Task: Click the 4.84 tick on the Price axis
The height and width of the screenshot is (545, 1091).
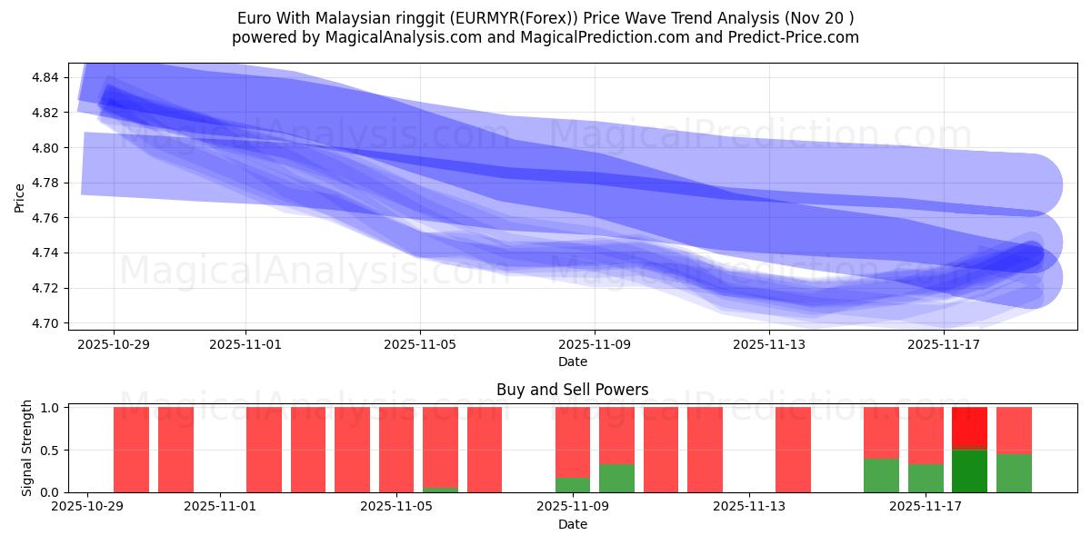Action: click(x=45, y=78)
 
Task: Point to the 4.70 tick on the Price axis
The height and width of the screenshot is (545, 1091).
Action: click(x=45, y=323)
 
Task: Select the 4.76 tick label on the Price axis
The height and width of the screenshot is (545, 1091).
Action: click(x=45, y=218)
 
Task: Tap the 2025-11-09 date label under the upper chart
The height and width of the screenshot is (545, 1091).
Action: click(x=595, y=345)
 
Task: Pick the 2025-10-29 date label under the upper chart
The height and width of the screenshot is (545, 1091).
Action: click(x=114, y=345)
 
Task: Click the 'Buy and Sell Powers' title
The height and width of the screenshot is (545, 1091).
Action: click(x=572, y=390)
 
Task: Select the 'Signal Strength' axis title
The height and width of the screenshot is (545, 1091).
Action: click(x=27, y=448)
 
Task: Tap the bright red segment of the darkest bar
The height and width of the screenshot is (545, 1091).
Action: click(x=969, y=428)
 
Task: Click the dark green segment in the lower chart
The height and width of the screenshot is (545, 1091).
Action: click(x=969, y=471)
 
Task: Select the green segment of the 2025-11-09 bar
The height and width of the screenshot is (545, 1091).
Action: click(x=573, y=485)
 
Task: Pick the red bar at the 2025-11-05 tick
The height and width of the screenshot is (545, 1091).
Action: click(x=396, y=450)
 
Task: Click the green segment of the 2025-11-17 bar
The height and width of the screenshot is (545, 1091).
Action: click(x=926, y=478)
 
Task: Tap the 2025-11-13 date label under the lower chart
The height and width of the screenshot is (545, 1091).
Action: click(x=748, y=507)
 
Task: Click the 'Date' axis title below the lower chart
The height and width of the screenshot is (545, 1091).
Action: click(x=572, y=524)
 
